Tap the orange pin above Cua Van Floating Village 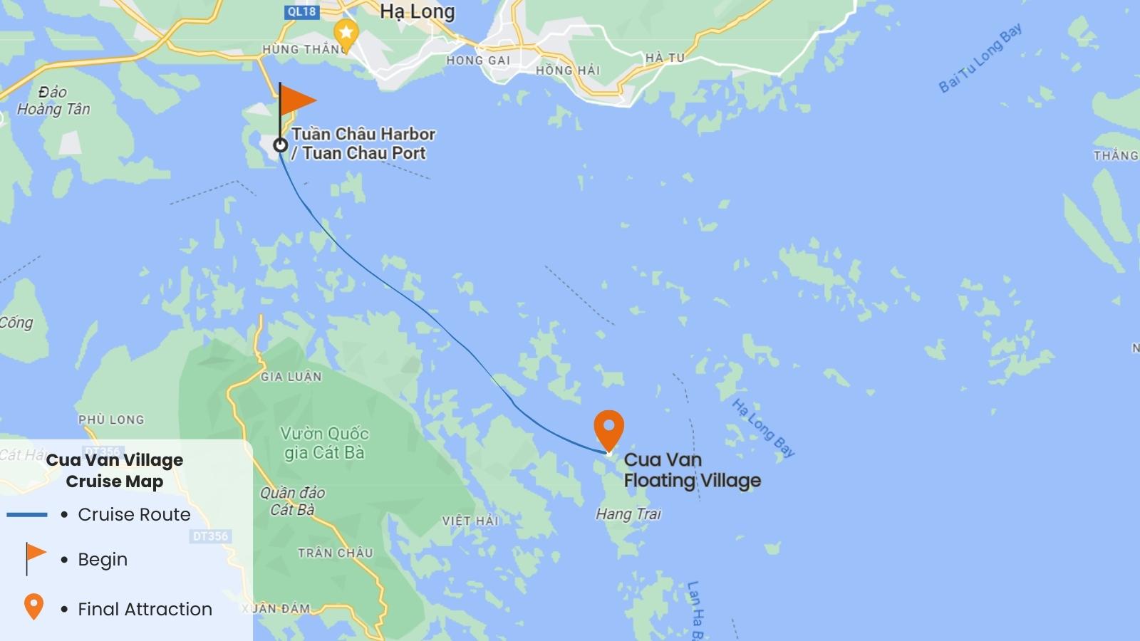point(608,427)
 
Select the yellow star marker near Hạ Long point(346,33)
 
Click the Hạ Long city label point(417,12)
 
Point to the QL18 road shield point(301,11)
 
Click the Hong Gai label point(478,61)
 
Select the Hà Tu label point(664,58)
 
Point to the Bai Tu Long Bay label point(980,58)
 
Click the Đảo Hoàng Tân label point(53,100)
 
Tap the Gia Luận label point(291,376)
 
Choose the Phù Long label point(111,419)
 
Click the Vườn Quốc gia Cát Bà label point(324,443)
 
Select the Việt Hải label point(470,521)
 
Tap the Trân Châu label point(335,553)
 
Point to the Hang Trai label point(628,514)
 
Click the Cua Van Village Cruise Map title point(115,470)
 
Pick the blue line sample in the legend point(27,514)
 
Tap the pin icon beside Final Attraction point(33,607)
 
